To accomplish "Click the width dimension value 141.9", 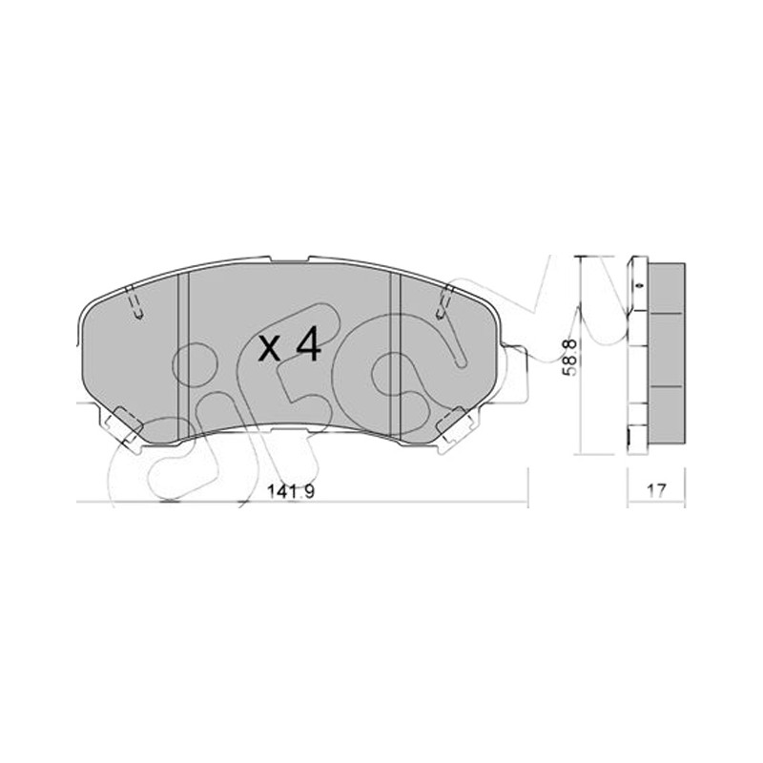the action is [x=291, y=491].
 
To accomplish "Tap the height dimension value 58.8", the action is [x=569, y=358].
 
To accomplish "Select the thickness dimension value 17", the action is [x=656, y=490].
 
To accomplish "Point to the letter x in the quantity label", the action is [x=270, y=348].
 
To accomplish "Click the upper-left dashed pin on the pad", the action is [x=134, y=303].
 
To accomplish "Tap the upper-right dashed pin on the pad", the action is [x=444, y=303].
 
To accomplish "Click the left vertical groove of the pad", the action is [x=183, y=356].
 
